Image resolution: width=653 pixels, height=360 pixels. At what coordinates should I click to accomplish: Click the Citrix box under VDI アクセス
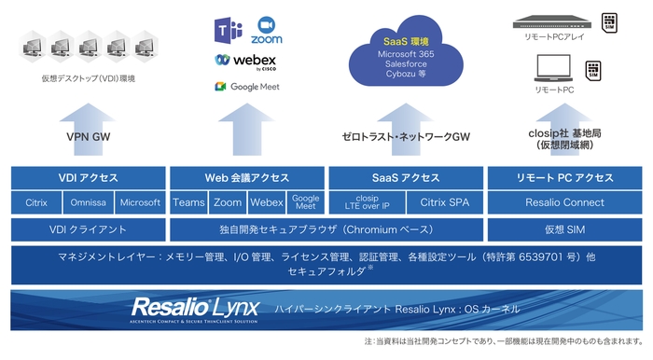[x=36, y=202]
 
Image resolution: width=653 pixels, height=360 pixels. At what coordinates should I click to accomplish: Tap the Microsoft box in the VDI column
[x=140, y=202]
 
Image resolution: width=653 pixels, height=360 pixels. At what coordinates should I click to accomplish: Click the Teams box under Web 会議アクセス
[x=188, y=202]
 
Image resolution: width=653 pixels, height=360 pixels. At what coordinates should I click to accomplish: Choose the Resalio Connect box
[x=565, y=202]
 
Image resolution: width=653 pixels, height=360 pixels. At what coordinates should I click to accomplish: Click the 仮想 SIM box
[x=565, y=228]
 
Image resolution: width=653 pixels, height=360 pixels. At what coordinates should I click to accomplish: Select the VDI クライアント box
[x=88, y=228]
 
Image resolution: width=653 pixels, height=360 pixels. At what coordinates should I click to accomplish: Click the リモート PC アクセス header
[x=565, y=177]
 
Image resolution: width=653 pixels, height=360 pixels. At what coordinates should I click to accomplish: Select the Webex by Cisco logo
[x=245, y=62]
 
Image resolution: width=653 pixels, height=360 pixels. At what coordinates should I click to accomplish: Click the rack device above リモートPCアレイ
[x=554, y=20]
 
